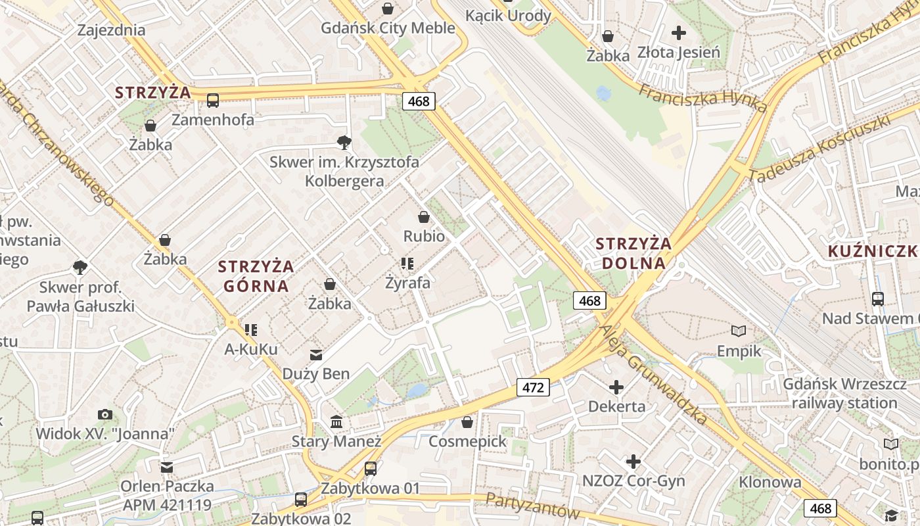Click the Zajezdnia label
(x=111, y=30)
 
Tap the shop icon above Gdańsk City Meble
(x=388, y=9)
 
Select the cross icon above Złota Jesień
(x=679, y=32)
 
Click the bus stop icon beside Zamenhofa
(x=213, y=101)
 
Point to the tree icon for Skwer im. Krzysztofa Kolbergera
(x=344, y=142)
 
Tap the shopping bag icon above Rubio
(x=424, y=217)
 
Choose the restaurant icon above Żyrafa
(x=407, y=264)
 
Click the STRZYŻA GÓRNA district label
(x=256, y=276)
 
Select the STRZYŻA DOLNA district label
(x=633, y=253)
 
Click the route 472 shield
(x=532, y=387)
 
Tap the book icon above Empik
(x=739, y=331)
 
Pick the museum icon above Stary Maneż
(x=336, y=421)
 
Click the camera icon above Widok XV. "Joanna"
(x=104, y=414)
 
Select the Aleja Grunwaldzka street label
(x=654, y=375)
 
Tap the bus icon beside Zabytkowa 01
(x=371, y=468)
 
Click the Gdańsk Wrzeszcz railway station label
(x=844, y=393)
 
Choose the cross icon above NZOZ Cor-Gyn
(x=633, y=462)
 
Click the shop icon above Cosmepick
(x=467, y=422)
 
